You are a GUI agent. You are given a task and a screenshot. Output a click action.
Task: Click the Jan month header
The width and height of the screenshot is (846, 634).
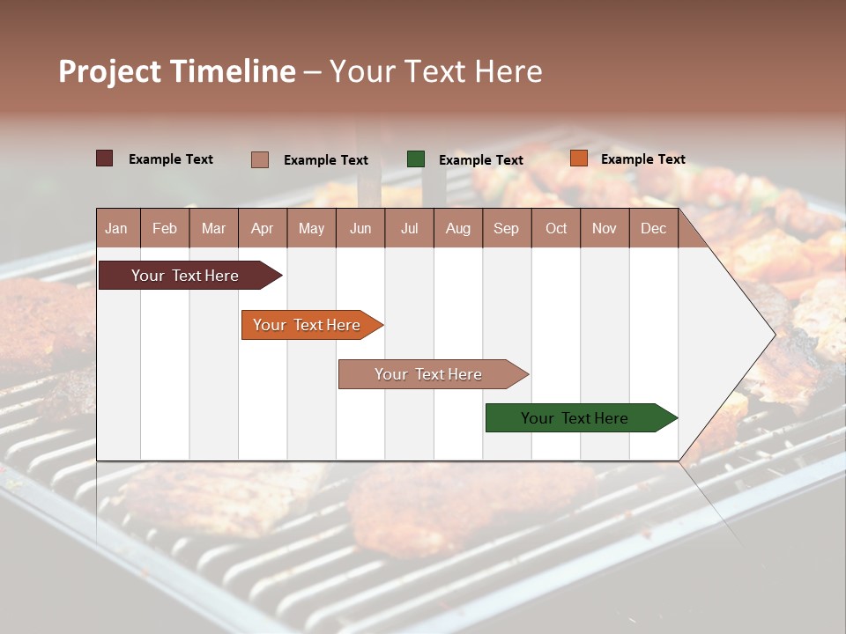116,229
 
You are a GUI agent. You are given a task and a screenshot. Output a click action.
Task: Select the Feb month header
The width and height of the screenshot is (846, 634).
165,229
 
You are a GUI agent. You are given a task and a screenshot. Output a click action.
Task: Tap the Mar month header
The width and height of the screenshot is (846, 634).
213,229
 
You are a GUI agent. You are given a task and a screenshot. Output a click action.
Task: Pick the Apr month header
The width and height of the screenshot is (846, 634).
262,229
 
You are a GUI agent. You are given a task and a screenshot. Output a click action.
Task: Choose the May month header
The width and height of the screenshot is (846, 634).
311,229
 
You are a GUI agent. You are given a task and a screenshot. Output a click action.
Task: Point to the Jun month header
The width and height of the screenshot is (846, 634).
360,229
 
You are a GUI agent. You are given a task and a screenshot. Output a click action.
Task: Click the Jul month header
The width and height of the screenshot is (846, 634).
409,229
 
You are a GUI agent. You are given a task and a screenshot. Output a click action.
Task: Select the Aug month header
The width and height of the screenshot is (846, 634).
458,229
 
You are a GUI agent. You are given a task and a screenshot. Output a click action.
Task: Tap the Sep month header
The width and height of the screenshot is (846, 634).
507,229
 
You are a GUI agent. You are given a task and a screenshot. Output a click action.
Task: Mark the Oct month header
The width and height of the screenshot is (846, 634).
556,229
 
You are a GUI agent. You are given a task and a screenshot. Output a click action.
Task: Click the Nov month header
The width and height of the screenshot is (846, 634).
605,229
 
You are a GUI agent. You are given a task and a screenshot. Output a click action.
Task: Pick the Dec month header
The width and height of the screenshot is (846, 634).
654,229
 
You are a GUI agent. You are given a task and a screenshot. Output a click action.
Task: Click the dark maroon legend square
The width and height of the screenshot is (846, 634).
104,158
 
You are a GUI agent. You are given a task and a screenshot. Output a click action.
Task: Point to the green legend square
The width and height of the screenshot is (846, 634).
416,159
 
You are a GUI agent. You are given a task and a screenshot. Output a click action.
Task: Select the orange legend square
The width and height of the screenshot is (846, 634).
578,158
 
